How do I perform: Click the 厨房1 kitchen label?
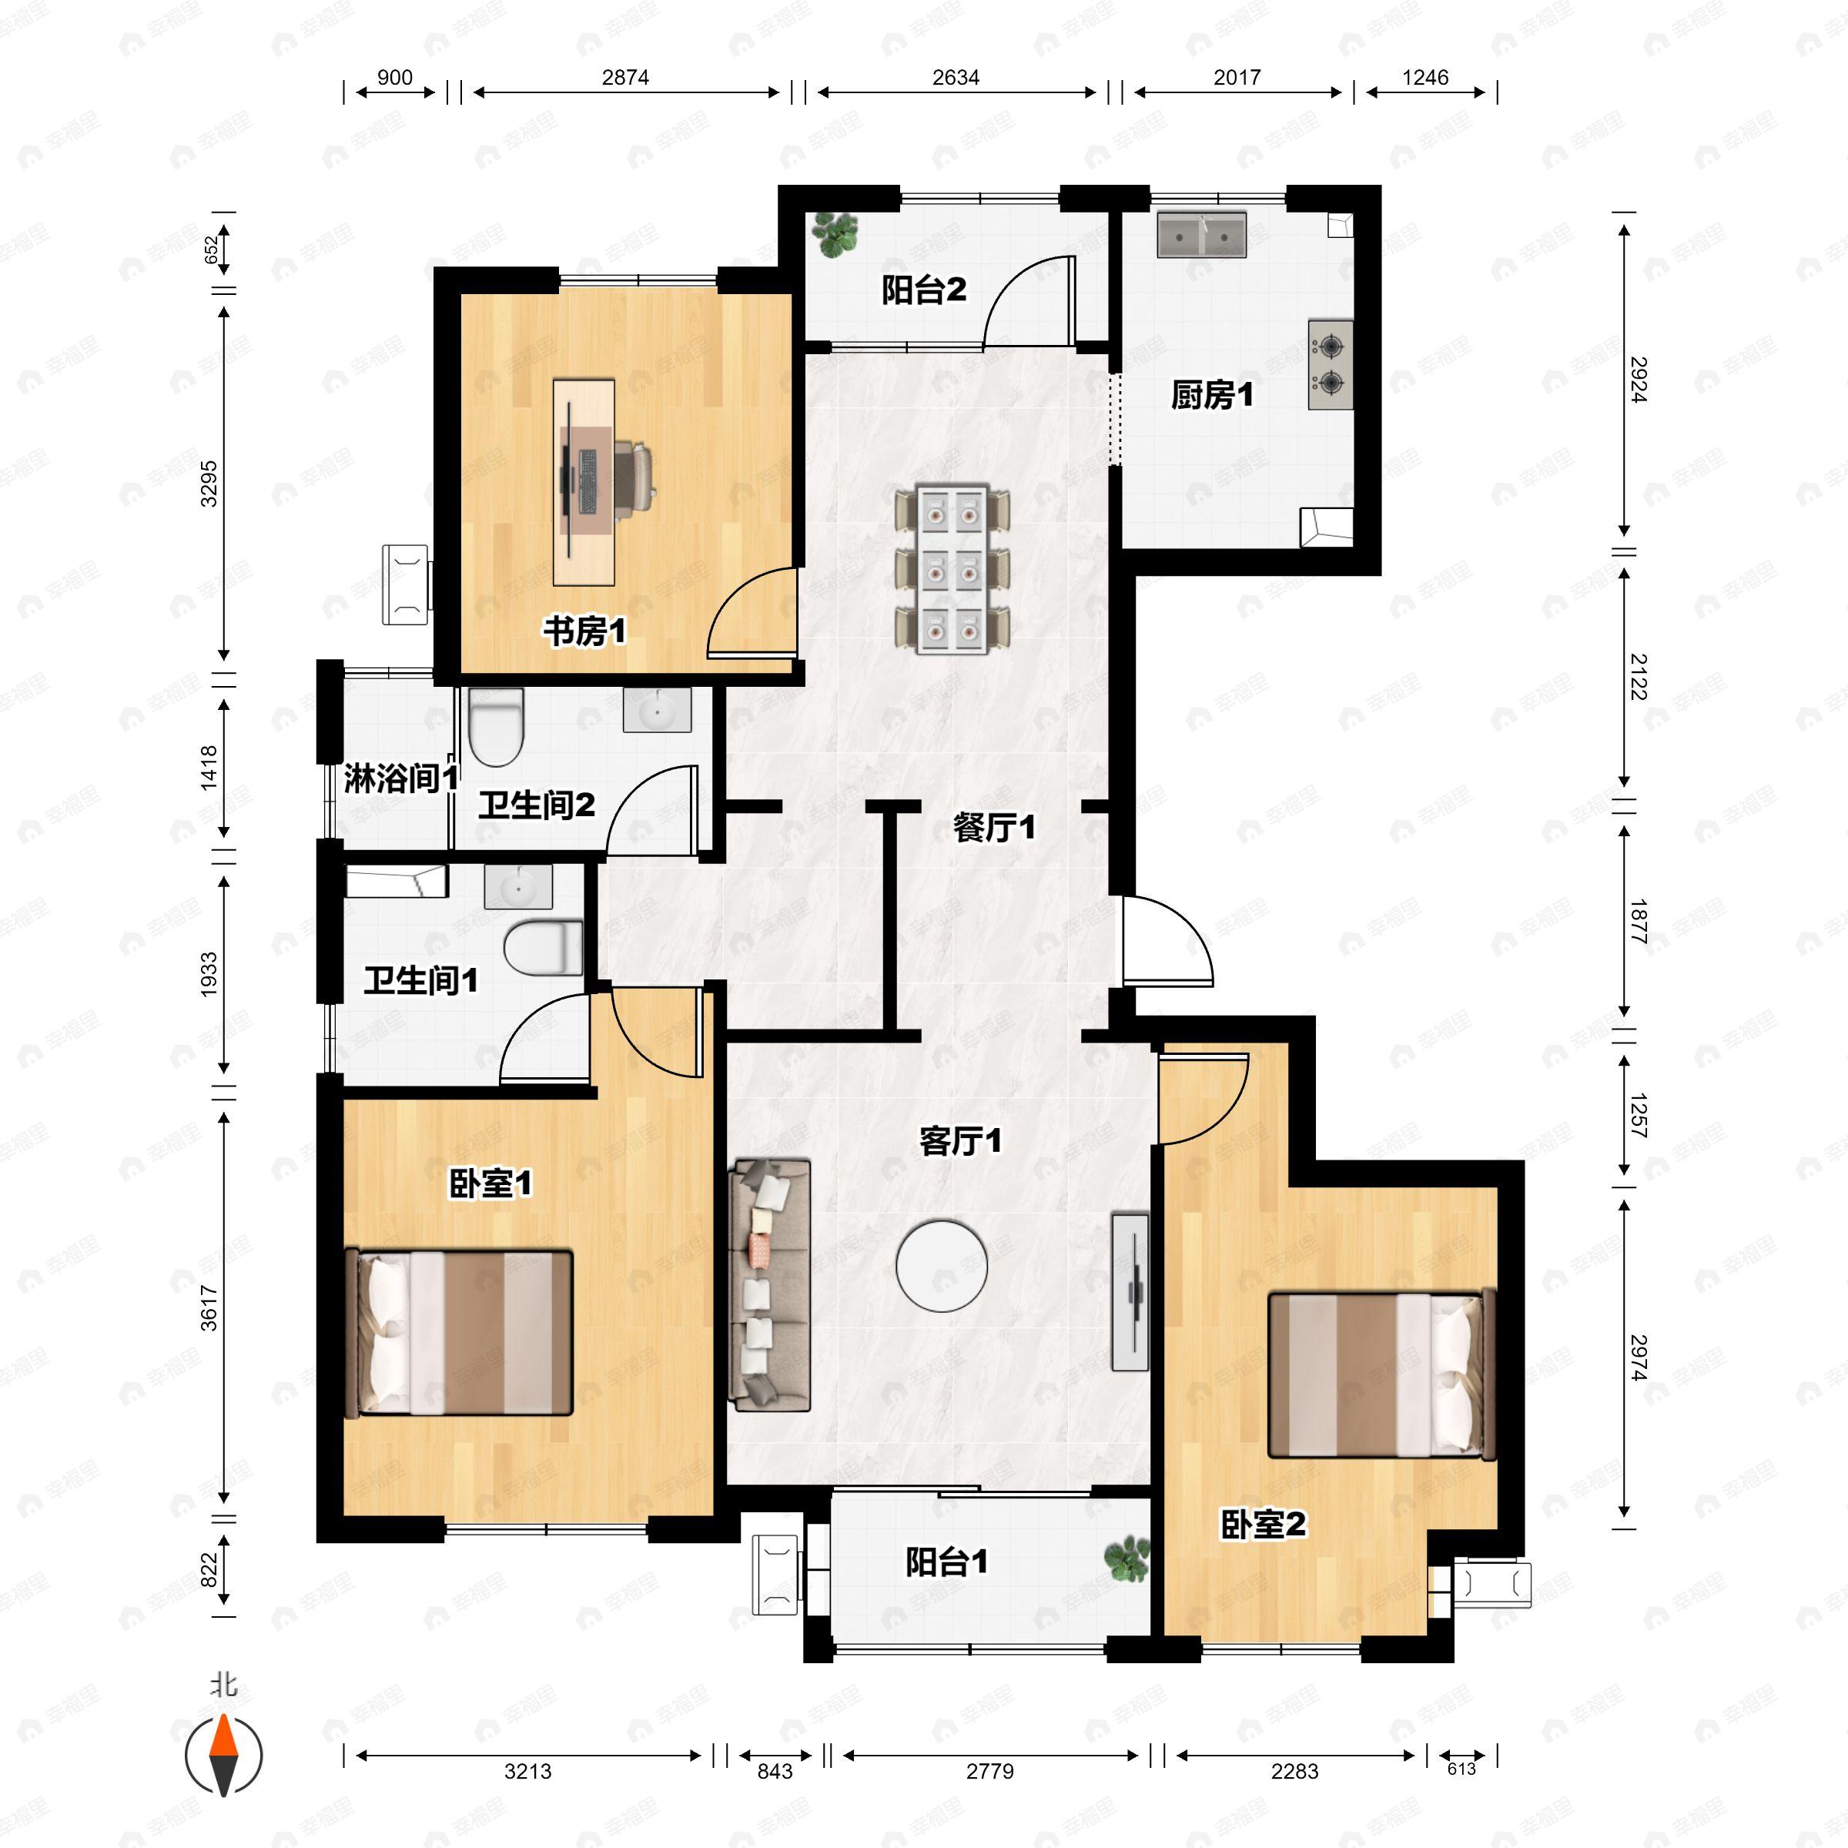[1212, 395]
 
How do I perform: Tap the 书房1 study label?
[584, 631]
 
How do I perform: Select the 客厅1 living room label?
[960, 1141]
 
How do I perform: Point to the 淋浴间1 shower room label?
[400, 778]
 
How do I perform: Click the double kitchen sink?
[1201, 234]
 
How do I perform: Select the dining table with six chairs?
[952, 570]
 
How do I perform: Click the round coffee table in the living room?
[942, 1265]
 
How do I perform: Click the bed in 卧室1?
[458, 1331]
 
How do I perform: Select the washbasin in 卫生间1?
[518, 887]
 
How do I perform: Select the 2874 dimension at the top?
[625, 78]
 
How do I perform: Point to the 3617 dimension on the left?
[209, 1308]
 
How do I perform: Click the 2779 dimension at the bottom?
[990, 1770]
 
